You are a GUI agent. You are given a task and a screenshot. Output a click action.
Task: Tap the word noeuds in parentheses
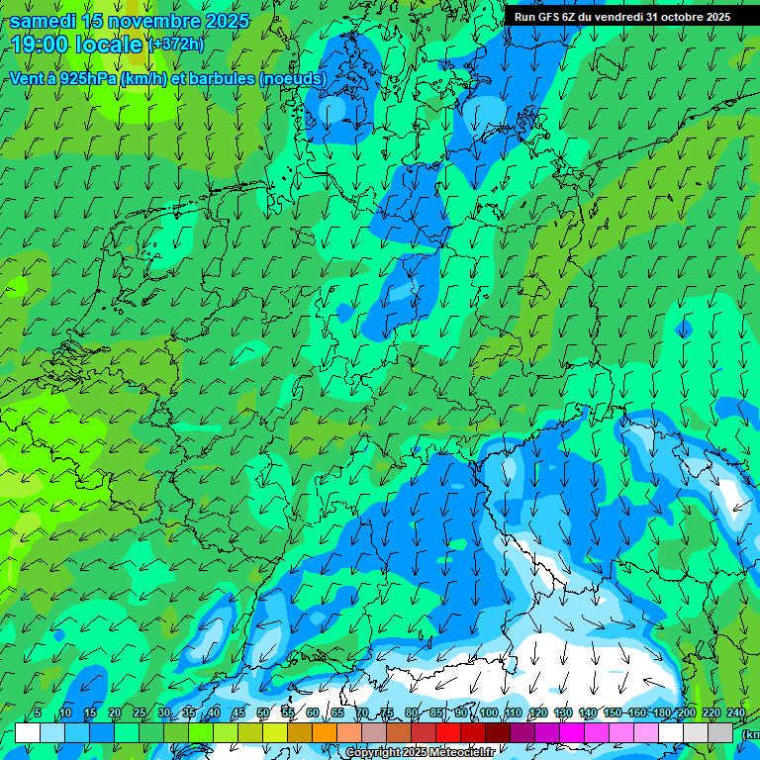click(x=293, y=78)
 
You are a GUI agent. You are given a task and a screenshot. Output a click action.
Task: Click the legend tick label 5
click(x=38, y=712)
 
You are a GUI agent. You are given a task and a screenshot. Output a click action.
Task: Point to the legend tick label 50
click(x=263, y=712)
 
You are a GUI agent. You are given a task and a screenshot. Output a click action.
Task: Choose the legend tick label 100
click(x=489, y=712)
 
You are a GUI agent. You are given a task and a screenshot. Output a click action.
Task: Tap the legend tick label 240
click(x=736, y=712)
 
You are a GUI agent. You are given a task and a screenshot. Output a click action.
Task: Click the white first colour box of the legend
click(x=28, y=732)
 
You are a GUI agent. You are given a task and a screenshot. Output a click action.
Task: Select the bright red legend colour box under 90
click(x=448, y=732)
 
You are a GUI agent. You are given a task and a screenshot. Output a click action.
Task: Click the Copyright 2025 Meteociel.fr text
click(x=420, y=753)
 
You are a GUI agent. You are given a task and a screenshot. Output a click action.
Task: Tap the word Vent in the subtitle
click(x=29, y=78)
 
